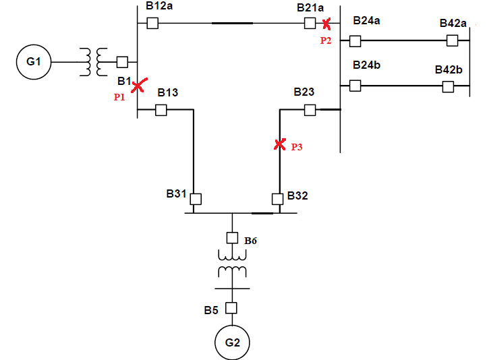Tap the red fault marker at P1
pos(138,86)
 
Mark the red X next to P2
pos(326,24)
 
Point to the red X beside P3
pos(280,144)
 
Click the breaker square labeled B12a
pos(152,24)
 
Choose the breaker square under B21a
pos(310,24)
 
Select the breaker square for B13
pos(161,110)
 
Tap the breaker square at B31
pos(196,199)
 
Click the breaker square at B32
pos(277,199)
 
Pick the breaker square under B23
pos(310,109)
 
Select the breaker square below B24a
pos(355,41)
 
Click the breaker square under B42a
pos(452,41)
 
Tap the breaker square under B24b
pos(355,86)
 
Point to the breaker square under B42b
pos(448,86)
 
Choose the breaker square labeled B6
pos(232,238)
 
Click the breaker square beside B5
pos(232,308)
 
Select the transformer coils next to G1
pos(94,62)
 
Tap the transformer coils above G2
pos(232,264)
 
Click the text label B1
pos(124,82)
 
